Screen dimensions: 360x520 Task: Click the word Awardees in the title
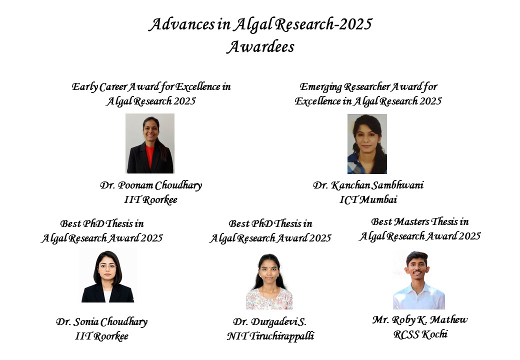click(x=260, y=47)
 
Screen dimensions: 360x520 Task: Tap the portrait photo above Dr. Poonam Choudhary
click(x=150, y=143)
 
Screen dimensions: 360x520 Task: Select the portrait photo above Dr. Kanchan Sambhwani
click(x=367, y=143)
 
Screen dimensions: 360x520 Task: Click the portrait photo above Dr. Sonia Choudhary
click(x=108, y=276)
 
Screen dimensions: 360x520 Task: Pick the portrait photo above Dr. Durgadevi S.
click(x=269, y=281)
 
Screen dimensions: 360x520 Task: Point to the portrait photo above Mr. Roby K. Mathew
click(x=418, y=280)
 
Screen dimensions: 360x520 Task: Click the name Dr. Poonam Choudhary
click(x=151, y=185)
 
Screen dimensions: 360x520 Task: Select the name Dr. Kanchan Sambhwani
click(x=368, y=185)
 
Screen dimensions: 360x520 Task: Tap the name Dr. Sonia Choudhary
click(x=101, y=321)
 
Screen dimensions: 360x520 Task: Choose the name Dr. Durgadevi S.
click(x=269, y=321)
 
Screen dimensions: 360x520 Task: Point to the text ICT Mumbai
click(x=368, y=200)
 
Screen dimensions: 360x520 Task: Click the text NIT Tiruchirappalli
click(x=270, y=336)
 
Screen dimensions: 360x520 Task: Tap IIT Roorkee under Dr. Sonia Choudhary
click(x=101, y=336)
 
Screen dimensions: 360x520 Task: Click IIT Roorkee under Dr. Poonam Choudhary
click(x=151, y=200)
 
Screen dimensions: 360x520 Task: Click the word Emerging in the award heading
click(x=320, y=87)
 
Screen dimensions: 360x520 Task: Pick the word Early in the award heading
click(x=84, y=87)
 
